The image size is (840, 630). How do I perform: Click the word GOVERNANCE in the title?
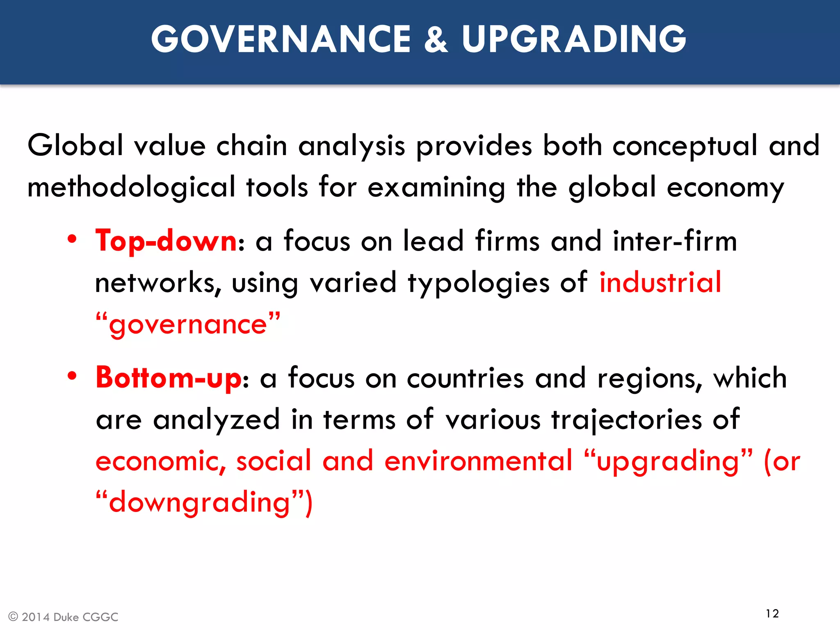pyautogui.click(x=281, y=39)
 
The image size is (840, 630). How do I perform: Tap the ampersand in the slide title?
pyautogui.click(x=436, y=39)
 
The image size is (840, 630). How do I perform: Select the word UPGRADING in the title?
pyautogui.click(x=574, y=39)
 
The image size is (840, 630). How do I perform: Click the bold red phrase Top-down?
pyautogui.click(x=166, y=241)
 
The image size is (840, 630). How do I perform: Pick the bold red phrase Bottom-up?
pyautogui.click(x=169, y=377)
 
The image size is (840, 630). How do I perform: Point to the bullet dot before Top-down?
pyautogui.click(x=72, y=240)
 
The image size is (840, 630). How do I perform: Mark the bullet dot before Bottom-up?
pyautogui.click(x=72, y=376)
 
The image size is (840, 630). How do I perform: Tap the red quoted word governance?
pyautogui.click(x=188, y=324)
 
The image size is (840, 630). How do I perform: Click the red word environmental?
pyautogui.click(x=478, y=461)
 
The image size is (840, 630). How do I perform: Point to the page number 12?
pyautogui.click(x=772, y=614)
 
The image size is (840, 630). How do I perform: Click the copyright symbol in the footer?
pyautogui.click(x=13, y=617)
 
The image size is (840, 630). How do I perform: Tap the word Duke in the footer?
pyautogui.click(x=66, y=617)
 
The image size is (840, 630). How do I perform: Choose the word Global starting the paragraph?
pyautogui.click(x=75, y=146)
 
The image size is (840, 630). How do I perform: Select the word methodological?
pyautogui.click(x=131, y=187)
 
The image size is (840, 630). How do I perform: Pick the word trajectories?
pyautogui.click(x=627, y=420)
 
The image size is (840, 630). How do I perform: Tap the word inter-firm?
pyautogui.click(x=675, y=241)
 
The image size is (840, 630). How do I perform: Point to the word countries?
pyautogui.click(x=465, y=378)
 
